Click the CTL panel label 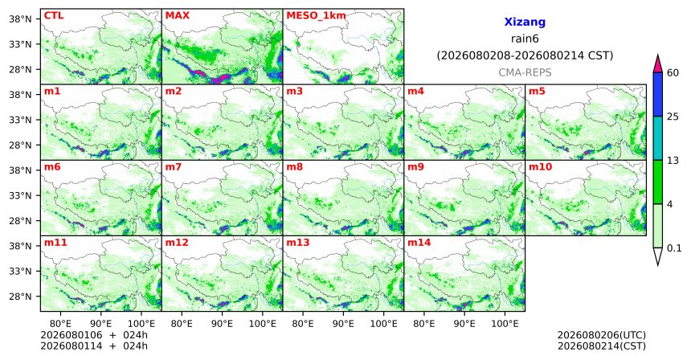[54, 16]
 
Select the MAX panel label [177, 16]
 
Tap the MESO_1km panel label [316, 16]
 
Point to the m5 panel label [537, 92]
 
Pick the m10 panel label [540, 167]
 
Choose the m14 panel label [419, 243]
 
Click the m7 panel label [174, 167]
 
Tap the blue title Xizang [525, 22]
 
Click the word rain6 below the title [525, 39]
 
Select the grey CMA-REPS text [525, 72]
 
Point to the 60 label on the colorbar [673, 73]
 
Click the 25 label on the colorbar [673, 117]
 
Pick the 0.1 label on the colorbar [674, 248]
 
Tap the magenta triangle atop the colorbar [658, 63]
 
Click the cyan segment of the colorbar [658, 138]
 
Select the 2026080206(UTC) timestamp [602, 336]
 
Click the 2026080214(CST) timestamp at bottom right [602, 346]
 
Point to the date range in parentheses [525, 55]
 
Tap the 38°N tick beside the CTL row [20, 19]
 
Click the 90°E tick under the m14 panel [464, 325]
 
